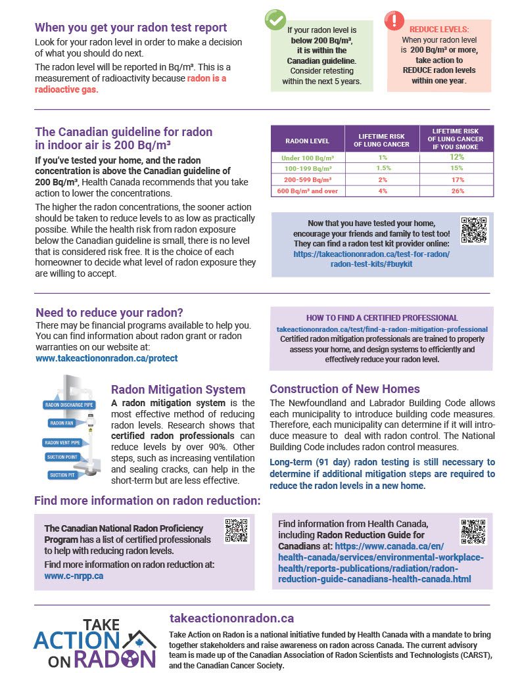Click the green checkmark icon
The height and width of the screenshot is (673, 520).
pos(275,20)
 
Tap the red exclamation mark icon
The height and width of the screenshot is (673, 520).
pos(394,20)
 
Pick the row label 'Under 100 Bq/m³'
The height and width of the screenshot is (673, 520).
pos(308,157)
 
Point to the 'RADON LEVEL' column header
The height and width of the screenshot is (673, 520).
pos(308,141)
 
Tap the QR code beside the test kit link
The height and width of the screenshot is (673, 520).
pos(474,231)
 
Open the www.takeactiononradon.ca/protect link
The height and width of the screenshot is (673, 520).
pos(106,358)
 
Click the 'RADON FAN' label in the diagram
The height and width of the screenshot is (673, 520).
pos(62,423)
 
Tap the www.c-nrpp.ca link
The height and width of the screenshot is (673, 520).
pos(74,576)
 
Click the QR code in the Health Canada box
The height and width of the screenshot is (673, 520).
pos(472,532)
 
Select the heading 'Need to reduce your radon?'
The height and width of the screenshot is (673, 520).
pos(109,312)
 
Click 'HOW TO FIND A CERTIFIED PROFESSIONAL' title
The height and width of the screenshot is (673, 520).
pos(382,317)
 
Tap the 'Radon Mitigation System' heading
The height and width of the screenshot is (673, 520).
pos(178,390)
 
